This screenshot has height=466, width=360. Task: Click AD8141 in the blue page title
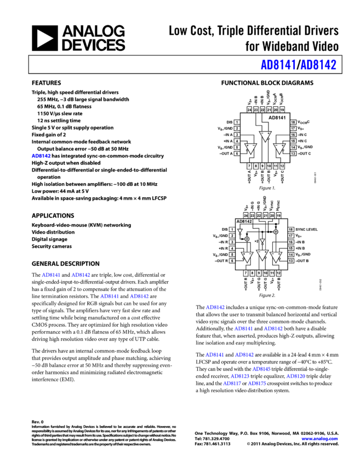[x=278, y=65]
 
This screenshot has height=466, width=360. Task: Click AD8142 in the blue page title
[x=318, y=65]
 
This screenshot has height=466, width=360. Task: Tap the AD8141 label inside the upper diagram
[x=278, y=118]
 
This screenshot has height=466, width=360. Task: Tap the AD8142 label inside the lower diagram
[x=244, y=222]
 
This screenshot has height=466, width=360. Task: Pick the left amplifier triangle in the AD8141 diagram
[x=250, y=149]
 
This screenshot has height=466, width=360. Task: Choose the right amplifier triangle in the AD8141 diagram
[x=280, y=149]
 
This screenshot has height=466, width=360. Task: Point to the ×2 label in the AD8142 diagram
[x=256, y=241]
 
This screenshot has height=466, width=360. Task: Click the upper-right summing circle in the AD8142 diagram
[x=276, y=232]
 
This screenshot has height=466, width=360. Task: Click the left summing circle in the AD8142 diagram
[x=247, y=240]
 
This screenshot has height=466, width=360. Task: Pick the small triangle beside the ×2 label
[x=262, y=241]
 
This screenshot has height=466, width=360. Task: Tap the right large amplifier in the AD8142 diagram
[x=276, y=257]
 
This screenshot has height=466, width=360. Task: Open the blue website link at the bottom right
[x=319, y=439]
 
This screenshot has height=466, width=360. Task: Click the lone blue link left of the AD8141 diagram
[x=41, y=156]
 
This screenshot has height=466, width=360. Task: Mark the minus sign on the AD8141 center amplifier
[x=262, y=133]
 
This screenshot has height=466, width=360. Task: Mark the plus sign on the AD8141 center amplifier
[x=268, y=133]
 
